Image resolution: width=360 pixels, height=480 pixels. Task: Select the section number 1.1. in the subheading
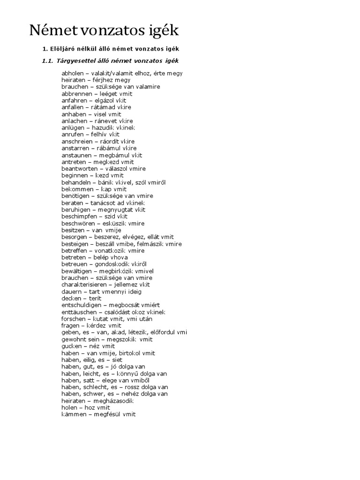coord(48,61)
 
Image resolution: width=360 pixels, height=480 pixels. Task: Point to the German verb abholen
coord(73,73)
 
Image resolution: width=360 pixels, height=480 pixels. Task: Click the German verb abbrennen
coord(76,94)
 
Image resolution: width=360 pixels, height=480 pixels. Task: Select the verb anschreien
coord(77,141)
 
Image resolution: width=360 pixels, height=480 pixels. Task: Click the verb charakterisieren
coord(84,285)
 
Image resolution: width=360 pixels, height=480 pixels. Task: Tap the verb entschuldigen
coord(80,305)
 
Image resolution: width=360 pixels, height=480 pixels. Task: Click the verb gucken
coord(71,346)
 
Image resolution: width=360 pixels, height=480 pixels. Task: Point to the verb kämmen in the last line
coord(73,414)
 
